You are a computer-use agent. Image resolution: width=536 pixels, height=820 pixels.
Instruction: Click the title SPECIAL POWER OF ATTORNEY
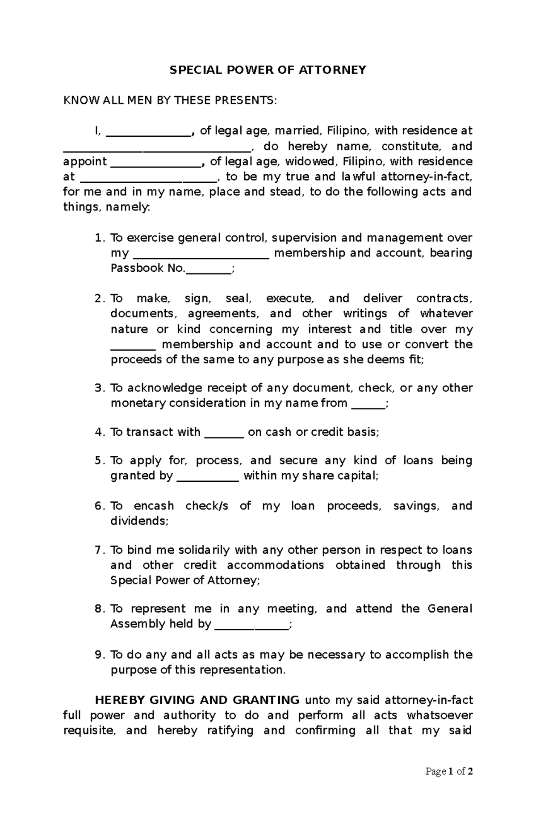click(268, 70)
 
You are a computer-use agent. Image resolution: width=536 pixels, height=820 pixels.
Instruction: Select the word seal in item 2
click(239, 299)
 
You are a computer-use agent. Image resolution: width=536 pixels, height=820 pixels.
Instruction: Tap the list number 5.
click(99, 461)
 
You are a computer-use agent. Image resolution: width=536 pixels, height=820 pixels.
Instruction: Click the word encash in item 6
click(154, 506)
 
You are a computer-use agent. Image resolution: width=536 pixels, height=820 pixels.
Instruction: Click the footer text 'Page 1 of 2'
click(449, 771)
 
